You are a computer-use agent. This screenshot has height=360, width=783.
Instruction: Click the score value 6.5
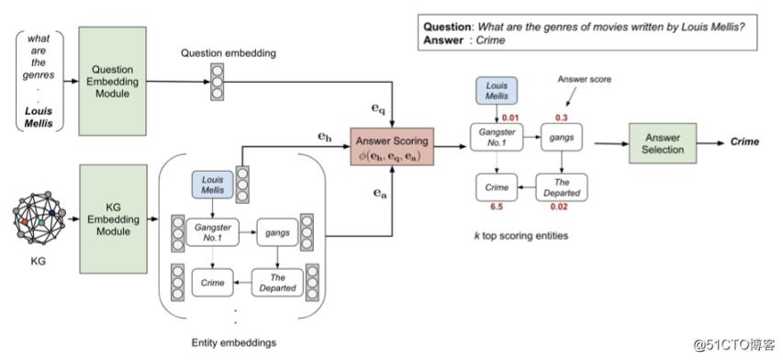point(497,208)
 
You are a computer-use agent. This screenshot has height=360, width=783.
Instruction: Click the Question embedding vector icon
point(217,80)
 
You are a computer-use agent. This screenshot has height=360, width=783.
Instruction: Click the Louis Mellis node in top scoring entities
point(495,93)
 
